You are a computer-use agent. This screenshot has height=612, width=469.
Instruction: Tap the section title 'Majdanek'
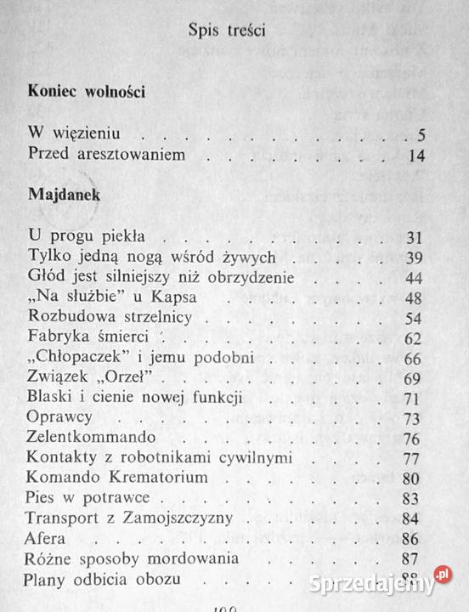click(x=64, y=195)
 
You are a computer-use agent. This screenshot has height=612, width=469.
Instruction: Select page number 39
click(x=415, y=257)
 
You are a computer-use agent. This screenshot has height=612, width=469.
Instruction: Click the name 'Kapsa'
click(x=177, y=297)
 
